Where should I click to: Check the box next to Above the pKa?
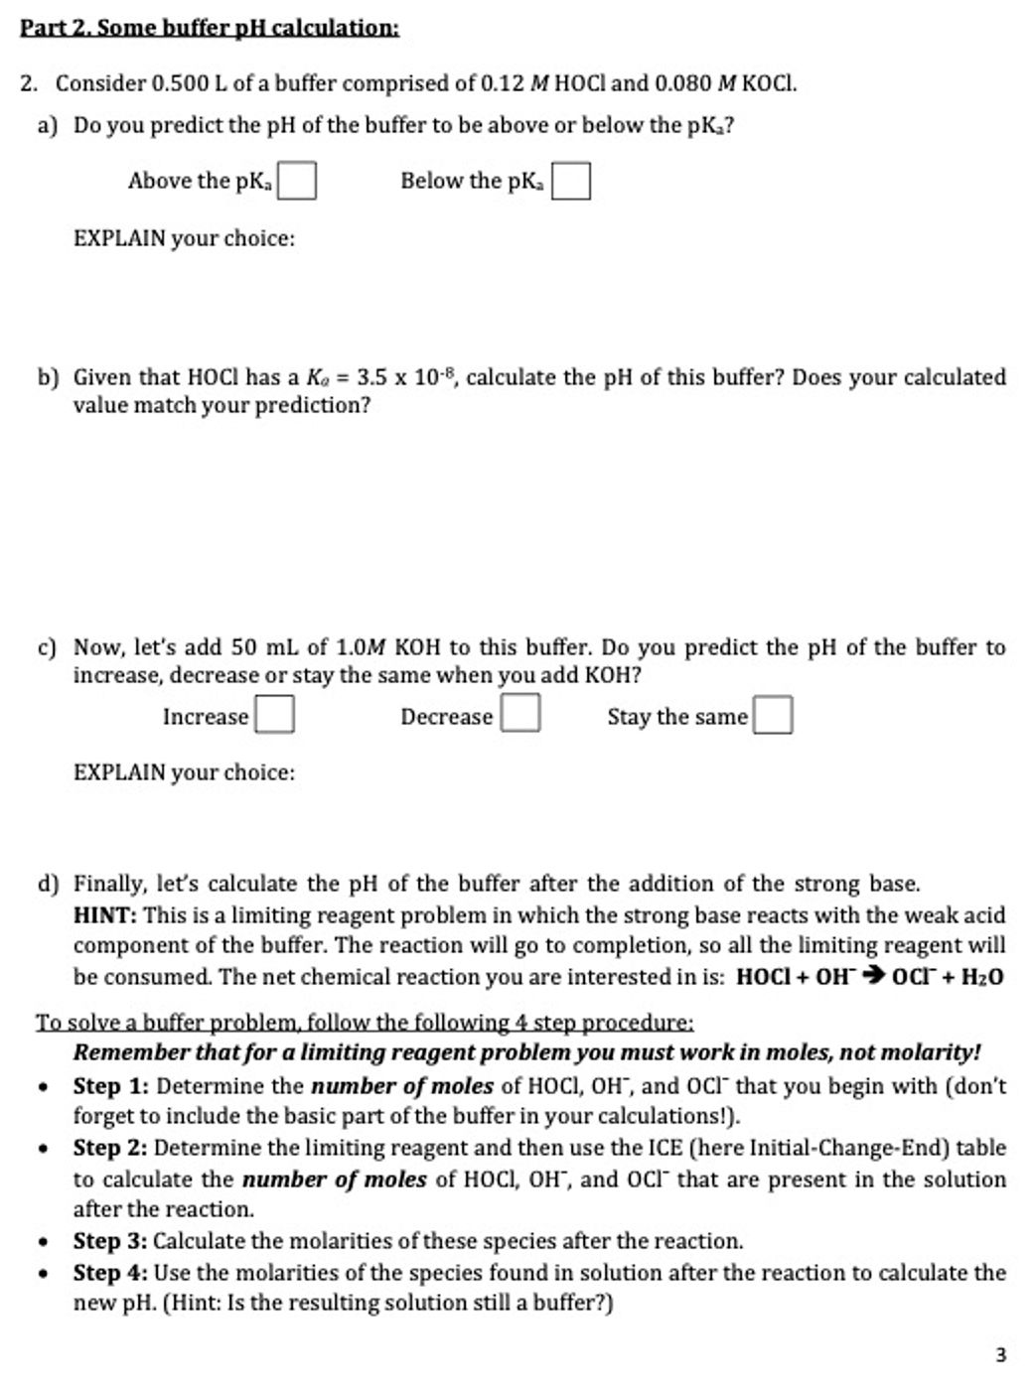(x=297, y=182)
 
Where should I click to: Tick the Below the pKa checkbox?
(x=571, y=182)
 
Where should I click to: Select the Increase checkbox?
(x=274, y=716)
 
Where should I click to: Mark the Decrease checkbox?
(x=520, y=715)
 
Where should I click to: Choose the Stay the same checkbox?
(x=773, y=716)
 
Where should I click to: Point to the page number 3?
(x=1000, y=1354)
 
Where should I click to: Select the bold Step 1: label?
(x=111, y=1086)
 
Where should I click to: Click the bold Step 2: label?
(x=111, y=1148)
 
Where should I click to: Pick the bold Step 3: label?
(x=110, y=1241)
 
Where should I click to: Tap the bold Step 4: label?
(x=110, y=1273)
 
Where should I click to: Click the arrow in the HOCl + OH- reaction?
(x=872, y=977)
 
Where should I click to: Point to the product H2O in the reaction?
(x=979, y=977)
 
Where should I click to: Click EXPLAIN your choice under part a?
(x=184, y=239)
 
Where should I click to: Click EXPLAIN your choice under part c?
(x=184, y=772)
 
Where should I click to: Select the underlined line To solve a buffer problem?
(x=365, y=1022)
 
